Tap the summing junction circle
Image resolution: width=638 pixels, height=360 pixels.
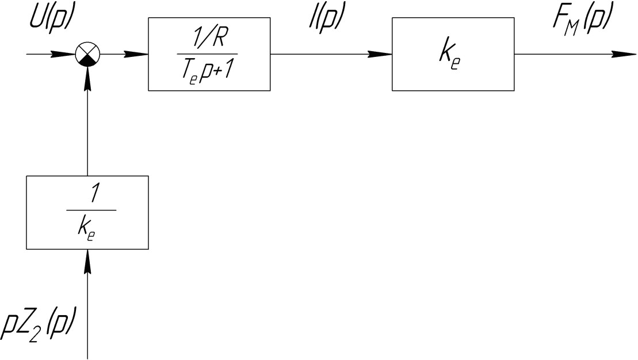[x=87, y=55]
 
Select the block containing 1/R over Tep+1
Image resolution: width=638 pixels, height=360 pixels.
[x=209, y=54]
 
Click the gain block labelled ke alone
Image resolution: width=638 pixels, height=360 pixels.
[x=453, y=54]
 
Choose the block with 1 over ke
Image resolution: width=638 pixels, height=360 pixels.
[x=87, y=212]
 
